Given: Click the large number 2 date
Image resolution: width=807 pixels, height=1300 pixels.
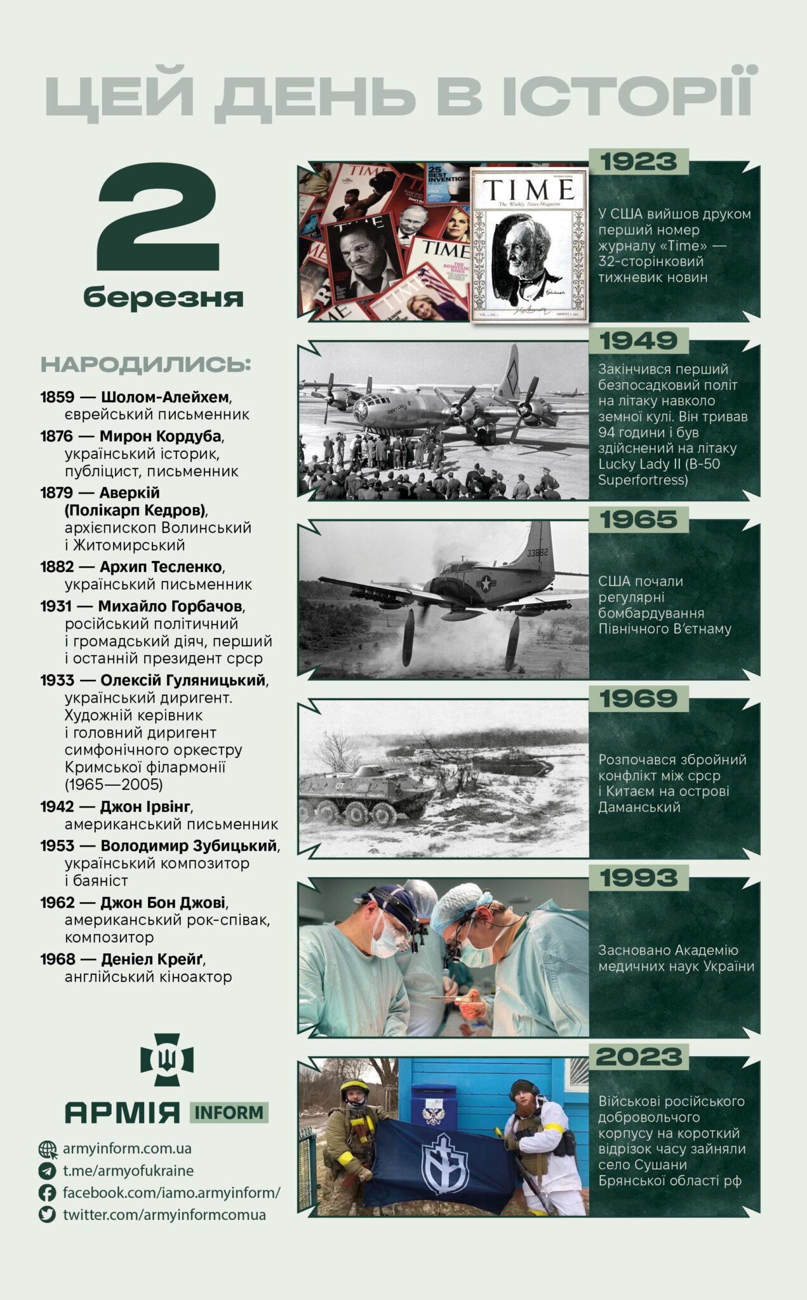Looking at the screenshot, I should [x=159, y=218].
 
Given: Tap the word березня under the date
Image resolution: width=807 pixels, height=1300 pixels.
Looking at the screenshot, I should [x=163, y=297].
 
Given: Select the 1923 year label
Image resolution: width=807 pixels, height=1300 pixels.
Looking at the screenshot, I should [x=639, y=162].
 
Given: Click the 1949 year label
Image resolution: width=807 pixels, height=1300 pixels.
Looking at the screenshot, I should [x=639, y=341].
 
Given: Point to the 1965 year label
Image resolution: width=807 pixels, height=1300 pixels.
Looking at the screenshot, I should [x=639, y=520].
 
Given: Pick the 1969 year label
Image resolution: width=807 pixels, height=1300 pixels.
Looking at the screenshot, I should [x=639, y=699].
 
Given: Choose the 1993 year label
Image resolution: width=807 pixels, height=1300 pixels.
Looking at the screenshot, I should [x=639, y=878].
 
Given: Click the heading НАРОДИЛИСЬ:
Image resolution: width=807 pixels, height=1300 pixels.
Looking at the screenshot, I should [x=146, y=365].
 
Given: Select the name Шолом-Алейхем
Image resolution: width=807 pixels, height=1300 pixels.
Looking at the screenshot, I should [x=165, y=397].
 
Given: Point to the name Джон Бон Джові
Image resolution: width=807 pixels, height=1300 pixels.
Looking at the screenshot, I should [x=164, y=903].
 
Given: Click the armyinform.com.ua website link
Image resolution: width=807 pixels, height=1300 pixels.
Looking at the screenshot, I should [x=127, y=1148].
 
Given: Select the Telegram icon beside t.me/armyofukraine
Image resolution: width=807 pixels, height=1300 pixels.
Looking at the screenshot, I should [x=47, y=1171].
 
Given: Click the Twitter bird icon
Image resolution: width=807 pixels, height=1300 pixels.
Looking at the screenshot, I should [x=47, y=1214].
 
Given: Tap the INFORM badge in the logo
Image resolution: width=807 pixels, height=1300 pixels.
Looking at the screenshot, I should [x=229, y=1113].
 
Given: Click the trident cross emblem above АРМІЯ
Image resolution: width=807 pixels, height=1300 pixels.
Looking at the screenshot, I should [x=167, y=1059].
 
